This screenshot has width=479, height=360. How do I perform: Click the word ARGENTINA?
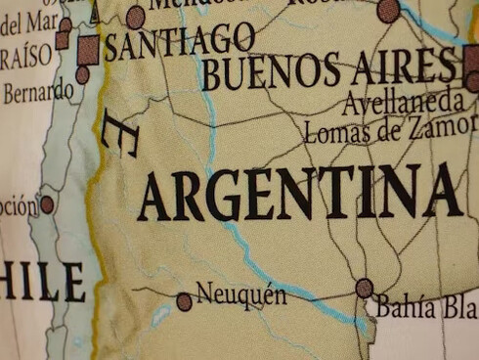(x=299, y=193)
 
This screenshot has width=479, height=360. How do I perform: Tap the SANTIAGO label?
(x=180, y=41)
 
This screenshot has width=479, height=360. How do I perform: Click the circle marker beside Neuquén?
(x=184, y=301)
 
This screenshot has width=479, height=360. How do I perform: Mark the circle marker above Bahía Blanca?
(x=365, y=288)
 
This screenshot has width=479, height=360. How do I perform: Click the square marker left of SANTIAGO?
(x=88, y=49)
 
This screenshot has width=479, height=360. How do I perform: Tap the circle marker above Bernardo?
(x=82, y=74)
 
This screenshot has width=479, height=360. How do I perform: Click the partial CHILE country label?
(x=43, y=282)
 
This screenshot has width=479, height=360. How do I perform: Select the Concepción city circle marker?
(x=46, y=204)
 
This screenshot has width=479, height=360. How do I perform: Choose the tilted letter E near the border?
(x=120, y=133)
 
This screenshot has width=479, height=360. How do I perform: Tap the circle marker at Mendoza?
(x=136, y=17)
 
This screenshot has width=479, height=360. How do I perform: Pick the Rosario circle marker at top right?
(x=388, y=11)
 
